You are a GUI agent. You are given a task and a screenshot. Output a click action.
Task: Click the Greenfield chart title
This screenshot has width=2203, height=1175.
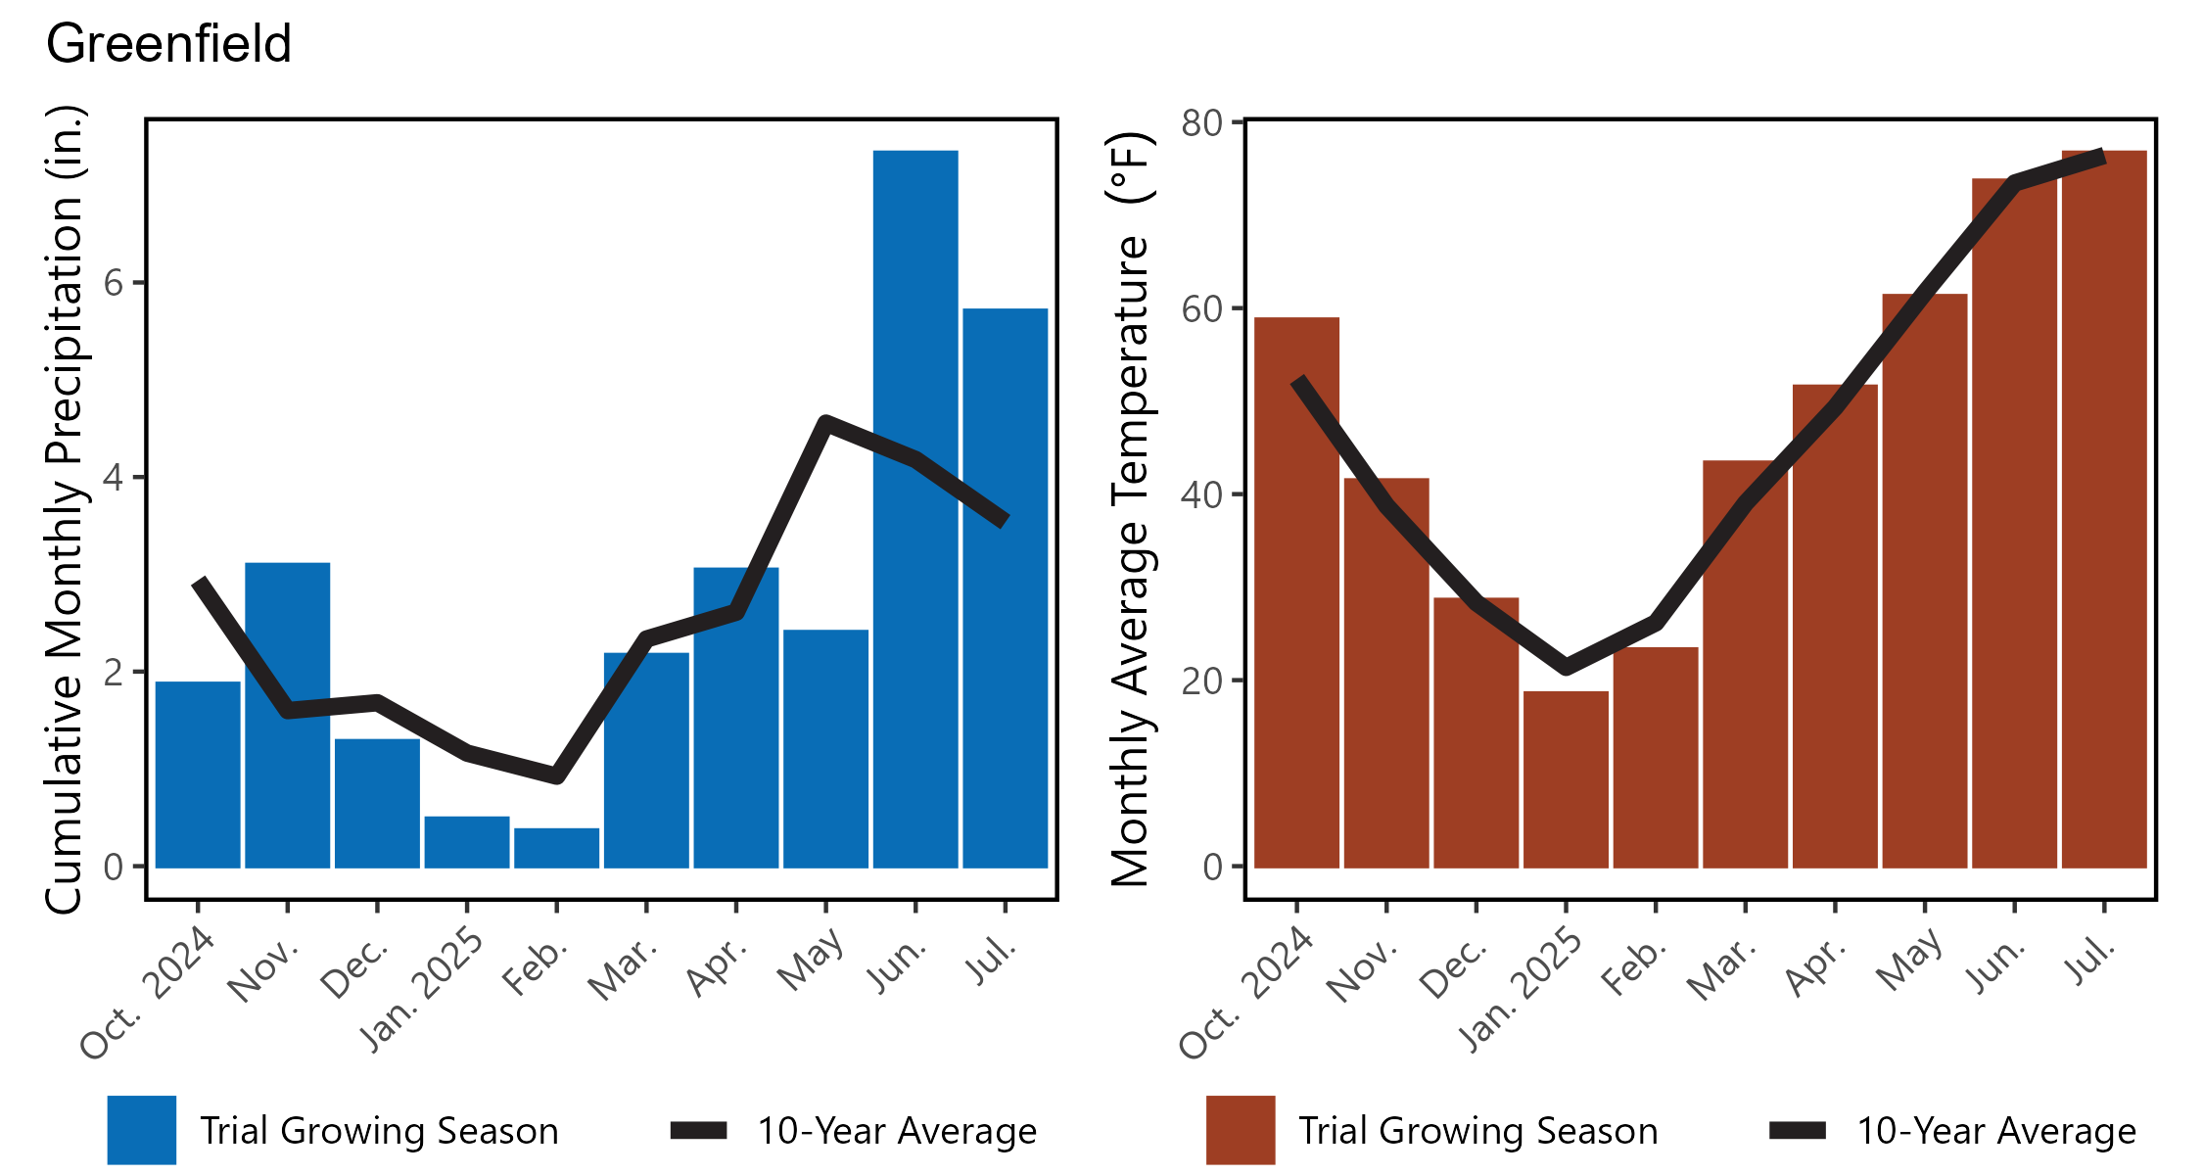click(168, 45)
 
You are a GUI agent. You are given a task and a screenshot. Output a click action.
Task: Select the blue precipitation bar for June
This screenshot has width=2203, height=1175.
click(915, 509)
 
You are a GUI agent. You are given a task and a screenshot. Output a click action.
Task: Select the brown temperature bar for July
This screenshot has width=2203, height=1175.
click(2104, 509)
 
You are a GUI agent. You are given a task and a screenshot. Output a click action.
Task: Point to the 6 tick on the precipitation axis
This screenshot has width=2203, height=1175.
click(114, 284)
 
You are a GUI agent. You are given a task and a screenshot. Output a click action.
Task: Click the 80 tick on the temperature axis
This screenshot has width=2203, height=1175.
click(1202, 123)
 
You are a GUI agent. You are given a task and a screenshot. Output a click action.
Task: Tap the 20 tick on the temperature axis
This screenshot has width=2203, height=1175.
click(1202, 681)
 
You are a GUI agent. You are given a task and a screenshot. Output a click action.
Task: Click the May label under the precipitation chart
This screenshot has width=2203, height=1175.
click(811, 961)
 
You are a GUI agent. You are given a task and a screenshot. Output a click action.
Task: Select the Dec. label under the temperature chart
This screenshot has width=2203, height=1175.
click(1454, 969)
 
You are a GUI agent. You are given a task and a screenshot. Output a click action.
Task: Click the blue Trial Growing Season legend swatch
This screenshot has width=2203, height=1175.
click(142, 1130)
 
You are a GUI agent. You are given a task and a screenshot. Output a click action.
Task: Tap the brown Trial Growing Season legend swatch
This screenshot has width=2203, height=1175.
click(1241, 1130)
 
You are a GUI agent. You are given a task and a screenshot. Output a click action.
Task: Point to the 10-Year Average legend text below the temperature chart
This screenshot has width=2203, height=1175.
click(1996, 1131)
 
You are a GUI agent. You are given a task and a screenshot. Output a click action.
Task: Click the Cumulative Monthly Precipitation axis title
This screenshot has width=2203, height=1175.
click(65, 509)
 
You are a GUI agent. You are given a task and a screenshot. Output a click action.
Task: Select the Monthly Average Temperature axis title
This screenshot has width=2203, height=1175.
click(1132, 509)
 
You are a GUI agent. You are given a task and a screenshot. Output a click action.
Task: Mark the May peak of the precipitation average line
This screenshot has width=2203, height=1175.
click(826, 422)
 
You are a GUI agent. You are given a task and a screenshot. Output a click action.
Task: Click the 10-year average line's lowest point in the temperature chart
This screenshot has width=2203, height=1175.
click(1566, 667)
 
